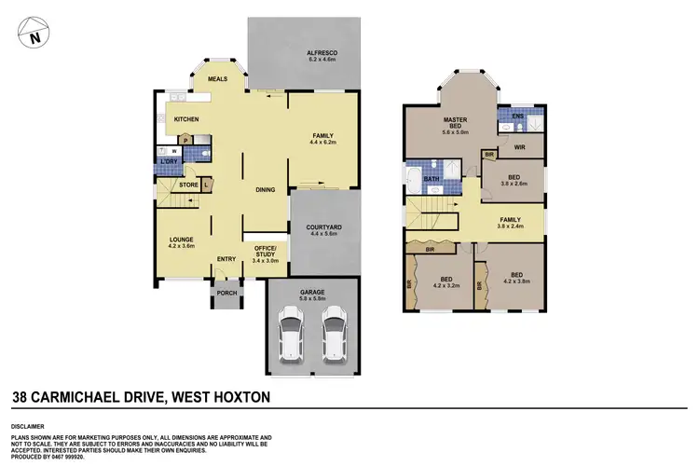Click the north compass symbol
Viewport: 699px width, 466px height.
click(x=34, y=36)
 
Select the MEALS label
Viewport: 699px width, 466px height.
click(x=218, y=80)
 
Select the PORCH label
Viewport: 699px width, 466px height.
click(x=226, y=293)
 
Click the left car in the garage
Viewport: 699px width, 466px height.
click(x=292, y=337)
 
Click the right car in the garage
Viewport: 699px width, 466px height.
click(x=333, y=337)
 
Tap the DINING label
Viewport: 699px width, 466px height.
click(x=266, y=190)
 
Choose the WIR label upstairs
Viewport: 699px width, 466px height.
click(x=520, y=147)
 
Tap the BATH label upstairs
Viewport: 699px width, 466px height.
click(x=432, y=179)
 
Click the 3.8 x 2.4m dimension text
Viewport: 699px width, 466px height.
click(x=511, y=227)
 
